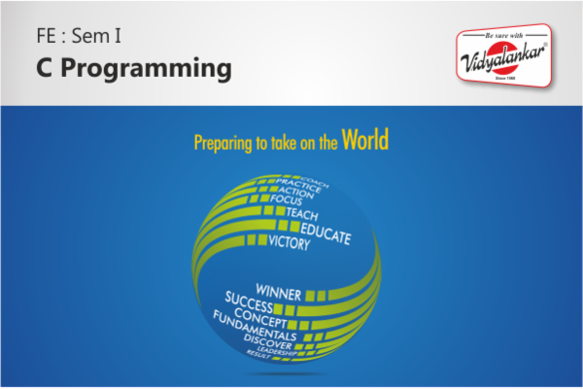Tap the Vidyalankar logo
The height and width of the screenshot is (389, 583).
coord(503,58)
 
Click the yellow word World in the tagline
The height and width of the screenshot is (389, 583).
coord(365,140)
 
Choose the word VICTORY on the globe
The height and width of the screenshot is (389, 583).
coord(290,243)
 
